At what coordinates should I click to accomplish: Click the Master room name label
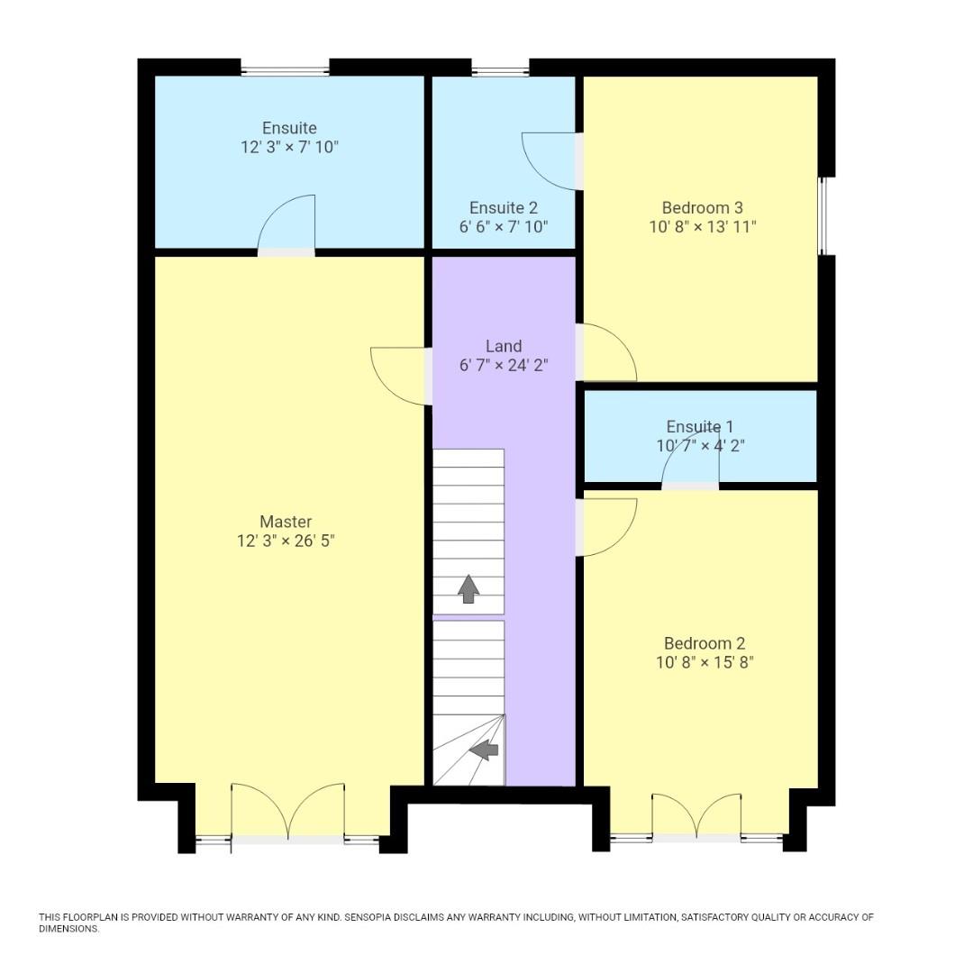tap(286, 522)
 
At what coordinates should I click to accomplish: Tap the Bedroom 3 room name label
tap(702, 208)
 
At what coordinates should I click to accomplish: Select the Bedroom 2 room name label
tap(704, 643)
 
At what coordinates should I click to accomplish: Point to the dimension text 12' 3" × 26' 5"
tap(286, 541)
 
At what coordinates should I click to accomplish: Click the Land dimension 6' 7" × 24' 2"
tap(503, 365)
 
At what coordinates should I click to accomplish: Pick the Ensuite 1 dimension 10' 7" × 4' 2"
tap(700, 445)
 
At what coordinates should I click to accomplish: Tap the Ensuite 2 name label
tap(503, 208)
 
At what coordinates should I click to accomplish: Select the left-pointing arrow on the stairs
tap(484, 749)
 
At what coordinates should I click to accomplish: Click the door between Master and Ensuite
tap(286, 225)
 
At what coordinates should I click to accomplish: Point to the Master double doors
tap(287, 813)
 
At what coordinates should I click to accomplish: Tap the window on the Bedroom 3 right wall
tap(822, 216)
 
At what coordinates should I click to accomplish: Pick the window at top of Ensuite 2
tap(500, 69)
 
